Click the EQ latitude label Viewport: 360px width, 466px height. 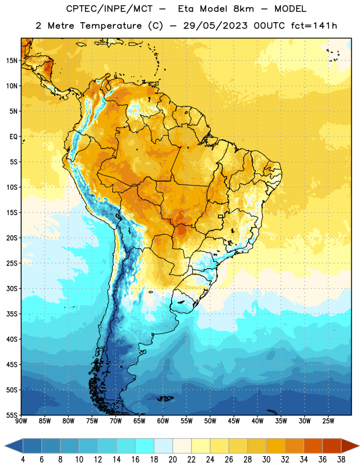(x=13, y=137)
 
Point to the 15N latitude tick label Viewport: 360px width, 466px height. (x=12, y=61)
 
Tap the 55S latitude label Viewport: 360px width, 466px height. (x=12, y=415)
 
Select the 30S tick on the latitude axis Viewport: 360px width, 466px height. (x=12, y=288)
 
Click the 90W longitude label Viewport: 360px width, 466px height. (x=21, y=421)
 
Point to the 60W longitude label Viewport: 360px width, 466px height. (x=163, y=421)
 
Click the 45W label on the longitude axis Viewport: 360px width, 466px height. (x=234, y=421)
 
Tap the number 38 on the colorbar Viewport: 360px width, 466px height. (x=341, y=460)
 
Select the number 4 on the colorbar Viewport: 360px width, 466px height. (x=23, y=460)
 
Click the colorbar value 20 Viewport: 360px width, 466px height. (x=172, y=460)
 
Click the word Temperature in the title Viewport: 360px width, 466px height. (x=111, y=26)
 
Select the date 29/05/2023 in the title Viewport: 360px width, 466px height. (x=215, y=26)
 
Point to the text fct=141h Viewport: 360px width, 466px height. (x=314, y=26)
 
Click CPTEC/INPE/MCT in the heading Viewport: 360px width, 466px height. (x=109, y=9)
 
